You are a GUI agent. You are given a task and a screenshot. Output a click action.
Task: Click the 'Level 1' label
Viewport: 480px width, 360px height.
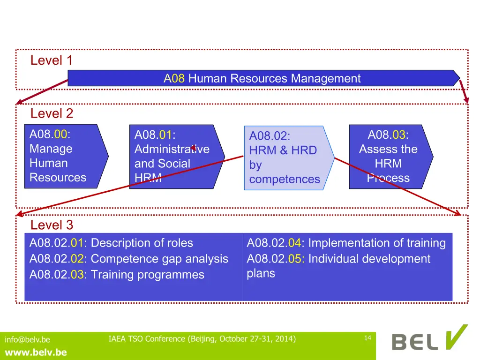[x=52, y=60]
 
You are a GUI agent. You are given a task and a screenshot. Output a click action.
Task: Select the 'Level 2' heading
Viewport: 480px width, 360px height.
[x=52, y=113]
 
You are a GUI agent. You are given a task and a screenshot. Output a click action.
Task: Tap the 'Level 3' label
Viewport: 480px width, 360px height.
[x=52, y=225]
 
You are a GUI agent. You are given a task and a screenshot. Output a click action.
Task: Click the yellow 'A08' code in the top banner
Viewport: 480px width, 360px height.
[x=174, y=78]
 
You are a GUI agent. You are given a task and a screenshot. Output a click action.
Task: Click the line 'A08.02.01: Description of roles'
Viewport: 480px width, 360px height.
[x=111, y=243]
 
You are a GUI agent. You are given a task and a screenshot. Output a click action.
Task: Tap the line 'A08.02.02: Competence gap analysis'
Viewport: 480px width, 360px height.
[x=129, y=259]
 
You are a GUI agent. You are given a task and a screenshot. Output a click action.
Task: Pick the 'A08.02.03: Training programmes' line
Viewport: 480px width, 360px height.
[x=117, y=275]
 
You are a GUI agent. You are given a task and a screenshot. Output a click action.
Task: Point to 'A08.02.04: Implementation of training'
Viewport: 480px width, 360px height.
[x=346, y=243]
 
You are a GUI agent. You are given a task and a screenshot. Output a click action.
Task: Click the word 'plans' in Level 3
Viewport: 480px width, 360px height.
[x=261, y=273]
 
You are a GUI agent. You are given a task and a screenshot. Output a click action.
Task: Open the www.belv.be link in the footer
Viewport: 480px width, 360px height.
[x=36, y=352]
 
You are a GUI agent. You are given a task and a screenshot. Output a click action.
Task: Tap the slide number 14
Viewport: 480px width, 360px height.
[x=367, y=338]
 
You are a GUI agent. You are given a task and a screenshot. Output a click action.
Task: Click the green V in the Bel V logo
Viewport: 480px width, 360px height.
[x=456, y=337]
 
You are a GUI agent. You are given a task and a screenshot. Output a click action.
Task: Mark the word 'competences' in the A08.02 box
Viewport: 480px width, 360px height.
[x=285, y=179]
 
